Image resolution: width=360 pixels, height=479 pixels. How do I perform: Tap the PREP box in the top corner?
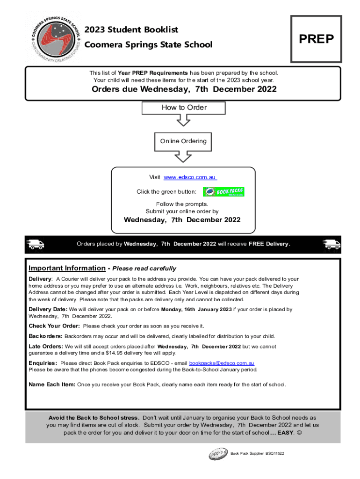tap(316, 39)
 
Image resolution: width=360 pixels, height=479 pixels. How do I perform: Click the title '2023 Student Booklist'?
tap(131, 30)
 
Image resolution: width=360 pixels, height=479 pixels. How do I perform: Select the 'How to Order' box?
tap(184, 108)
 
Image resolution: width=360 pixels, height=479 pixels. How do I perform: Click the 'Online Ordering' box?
tap(183, 141)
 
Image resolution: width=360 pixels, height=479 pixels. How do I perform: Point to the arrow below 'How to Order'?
tap(184, 120)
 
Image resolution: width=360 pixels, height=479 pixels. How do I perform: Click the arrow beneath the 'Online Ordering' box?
tap(183, 156)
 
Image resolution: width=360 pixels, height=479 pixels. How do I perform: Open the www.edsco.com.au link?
tap(190, 178)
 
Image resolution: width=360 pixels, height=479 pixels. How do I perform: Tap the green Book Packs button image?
tap(223, 192)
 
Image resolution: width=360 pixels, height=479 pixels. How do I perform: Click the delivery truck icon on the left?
tap(36, 244)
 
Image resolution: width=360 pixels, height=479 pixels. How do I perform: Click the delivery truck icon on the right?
tap(331, 244)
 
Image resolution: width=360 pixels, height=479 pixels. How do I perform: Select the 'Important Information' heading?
tap(67, 269)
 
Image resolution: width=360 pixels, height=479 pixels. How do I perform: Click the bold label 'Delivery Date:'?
tap(48, 309)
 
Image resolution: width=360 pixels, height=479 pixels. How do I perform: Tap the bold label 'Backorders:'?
tap(45, 336)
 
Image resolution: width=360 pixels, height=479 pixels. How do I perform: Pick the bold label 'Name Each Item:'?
tap(52, 385)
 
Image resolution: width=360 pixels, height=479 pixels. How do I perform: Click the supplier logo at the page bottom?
tap(218, 454)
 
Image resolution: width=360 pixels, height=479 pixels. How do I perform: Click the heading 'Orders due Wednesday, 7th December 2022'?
tap(184, 90)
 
